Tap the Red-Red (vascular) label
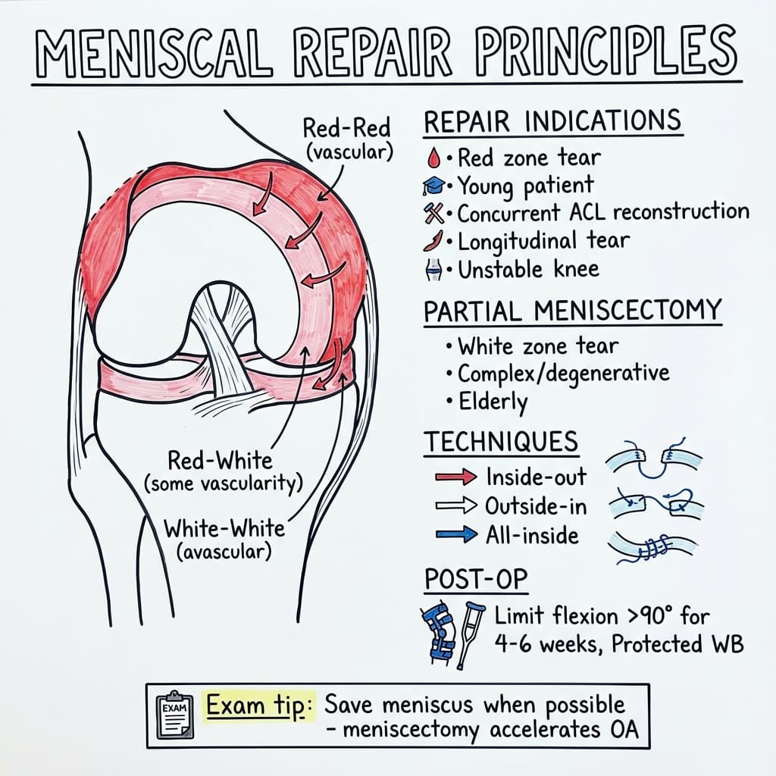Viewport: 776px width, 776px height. pos(347,138)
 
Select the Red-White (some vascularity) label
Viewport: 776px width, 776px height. pos(220,471)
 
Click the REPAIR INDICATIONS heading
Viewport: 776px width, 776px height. pos(552,122)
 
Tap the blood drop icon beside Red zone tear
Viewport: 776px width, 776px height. pos(433,158)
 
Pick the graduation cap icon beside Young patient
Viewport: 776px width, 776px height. pos(433,185)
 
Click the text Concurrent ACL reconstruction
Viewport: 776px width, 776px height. pos(602,212)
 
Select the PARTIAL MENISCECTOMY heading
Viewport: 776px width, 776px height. pos(572,311)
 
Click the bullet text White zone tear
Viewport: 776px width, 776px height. pos(538,346)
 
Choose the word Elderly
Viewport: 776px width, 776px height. pos(493,401)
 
